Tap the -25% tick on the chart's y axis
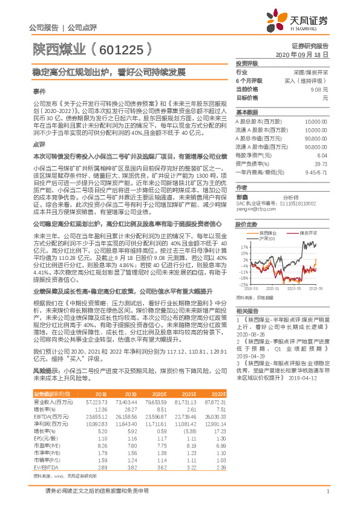243,284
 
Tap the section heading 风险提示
45,369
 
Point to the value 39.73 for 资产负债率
321,163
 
